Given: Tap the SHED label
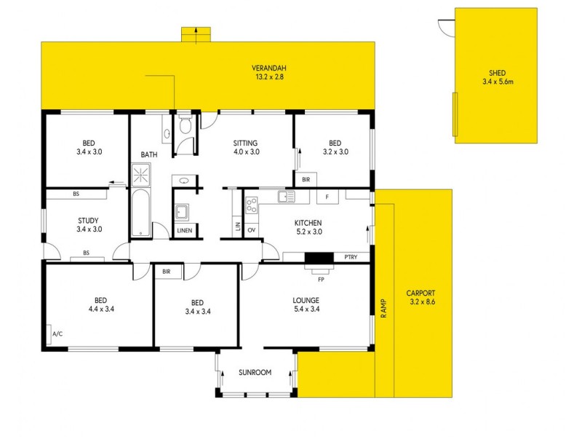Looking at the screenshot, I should (x=497, y=73).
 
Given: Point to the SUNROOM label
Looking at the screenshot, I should (x=255, y=372).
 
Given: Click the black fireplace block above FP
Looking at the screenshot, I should (x=318, y=257).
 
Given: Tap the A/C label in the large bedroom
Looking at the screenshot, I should (x=57, y=334).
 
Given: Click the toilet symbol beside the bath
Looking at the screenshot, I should (x=184, y=127).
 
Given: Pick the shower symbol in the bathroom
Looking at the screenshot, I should (x=140, y=173).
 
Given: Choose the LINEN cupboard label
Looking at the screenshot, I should (x=186, y=231).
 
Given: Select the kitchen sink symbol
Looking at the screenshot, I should (x=284, y=196).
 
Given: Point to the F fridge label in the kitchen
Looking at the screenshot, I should (x=327, y=197).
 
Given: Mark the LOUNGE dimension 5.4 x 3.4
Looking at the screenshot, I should (x=306, y=309).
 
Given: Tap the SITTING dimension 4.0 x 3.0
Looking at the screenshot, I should (x=247, y=152).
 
